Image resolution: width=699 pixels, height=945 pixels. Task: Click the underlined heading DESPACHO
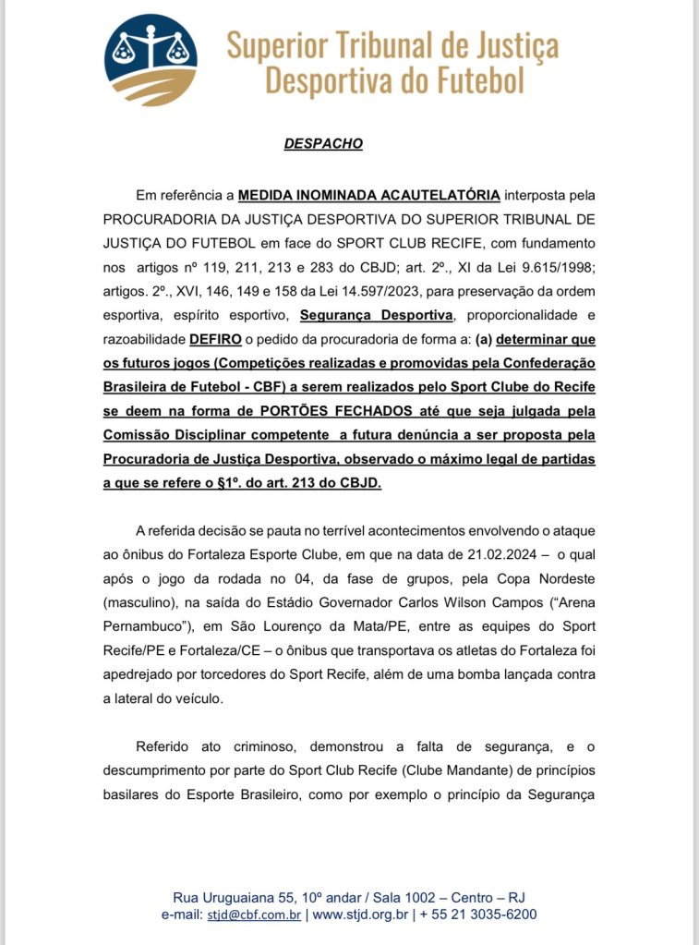tap(322, 144)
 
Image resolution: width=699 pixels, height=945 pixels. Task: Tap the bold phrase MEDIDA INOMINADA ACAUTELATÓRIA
tap(369, 195)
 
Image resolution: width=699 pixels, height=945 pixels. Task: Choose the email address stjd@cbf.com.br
tap(253, 915)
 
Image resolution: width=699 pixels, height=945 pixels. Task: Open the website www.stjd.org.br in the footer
tap(361, 915)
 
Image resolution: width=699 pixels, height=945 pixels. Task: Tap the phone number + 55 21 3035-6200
tap(478, 915)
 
